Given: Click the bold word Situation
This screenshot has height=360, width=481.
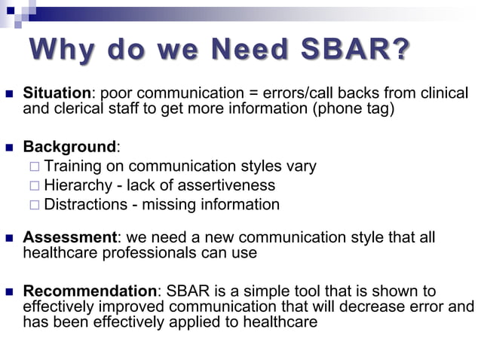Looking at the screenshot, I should coord(57,93).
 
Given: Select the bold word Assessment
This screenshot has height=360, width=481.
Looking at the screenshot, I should coord(68,238).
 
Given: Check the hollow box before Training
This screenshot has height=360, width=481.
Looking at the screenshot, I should coord(33,166).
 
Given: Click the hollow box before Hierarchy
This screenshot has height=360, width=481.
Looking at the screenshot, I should coord(33,185).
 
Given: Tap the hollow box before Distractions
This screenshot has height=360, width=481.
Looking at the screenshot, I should coord(33,205).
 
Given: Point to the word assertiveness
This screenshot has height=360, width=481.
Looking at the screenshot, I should coord(228,185).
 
